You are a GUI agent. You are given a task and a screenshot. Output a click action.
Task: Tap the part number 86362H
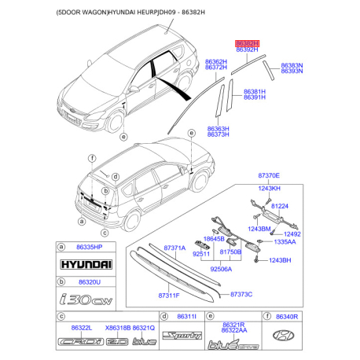pos(216,61)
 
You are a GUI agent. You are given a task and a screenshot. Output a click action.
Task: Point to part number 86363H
pos(218,128)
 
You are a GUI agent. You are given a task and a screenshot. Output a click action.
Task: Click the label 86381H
pos(255,91)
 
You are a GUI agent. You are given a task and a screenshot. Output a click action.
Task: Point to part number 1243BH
pos(281,260)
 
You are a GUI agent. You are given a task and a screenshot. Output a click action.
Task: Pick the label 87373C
pos(241,293)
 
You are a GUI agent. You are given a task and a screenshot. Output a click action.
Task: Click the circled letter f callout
pos(92,159)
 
